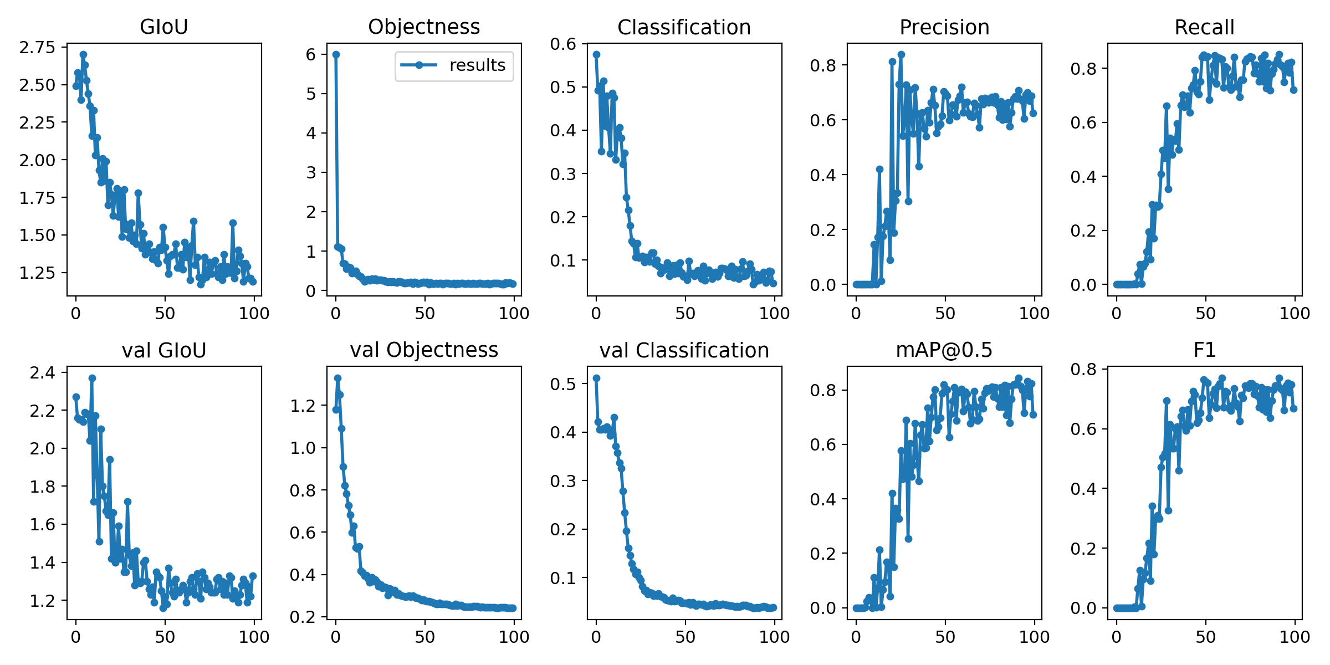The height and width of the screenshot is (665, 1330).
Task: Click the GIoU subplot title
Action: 164,27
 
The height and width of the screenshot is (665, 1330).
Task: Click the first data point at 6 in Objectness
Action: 336,54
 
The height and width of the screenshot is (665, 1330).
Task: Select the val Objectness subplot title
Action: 424,350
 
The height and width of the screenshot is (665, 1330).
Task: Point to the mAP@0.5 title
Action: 944,350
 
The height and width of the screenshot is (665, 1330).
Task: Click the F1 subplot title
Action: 1204,350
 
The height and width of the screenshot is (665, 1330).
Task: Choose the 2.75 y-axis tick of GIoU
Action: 38,47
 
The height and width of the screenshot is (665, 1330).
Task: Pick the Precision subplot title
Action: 944,27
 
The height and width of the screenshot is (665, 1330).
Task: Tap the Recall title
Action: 1204,27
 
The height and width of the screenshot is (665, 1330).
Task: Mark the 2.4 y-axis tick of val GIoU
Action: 43,372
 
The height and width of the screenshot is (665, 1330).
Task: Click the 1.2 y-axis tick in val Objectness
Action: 303,406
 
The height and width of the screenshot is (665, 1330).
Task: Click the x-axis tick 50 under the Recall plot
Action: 1205,314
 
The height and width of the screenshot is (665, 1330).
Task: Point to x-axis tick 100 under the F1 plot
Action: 1295,637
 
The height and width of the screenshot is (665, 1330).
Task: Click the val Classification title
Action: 684,350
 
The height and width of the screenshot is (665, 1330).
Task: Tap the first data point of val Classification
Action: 596,378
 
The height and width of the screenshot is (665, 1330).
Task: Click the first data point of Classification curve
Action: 596,54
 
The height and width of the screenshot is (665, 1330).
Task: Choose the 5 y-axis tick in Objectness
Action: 311,94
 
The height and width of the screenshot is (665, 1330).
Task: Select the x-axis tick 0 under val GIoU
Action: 76,637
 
